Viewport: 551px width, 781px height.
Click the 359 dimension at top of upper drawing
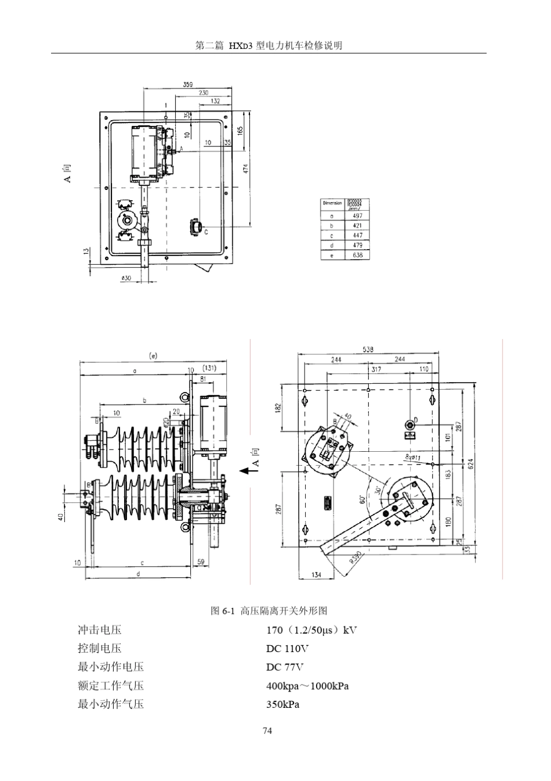coord(187,84)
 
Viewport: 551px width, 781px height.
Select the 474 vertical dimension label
coord(245,168)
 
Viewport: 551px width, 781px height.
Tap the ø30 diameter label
coord(126,278)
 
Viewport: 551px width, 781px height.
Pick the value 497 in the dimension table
coord(357,215)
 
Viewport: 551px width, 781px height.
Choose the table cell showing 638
coord(357,255)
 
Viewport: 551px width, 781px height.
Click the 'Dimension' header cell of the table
coord(332,203)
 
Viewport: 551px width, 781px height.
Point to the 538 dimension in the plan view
coord(368,350)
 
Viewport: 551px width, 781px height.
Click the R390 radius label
coord(355,557)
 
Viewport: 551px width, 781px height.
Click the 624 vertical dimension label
coord(470,464)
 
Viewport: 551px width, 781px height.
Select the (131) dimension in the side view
coord(209,368)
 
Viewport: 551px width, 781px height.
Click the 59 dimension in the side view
coord(201,562)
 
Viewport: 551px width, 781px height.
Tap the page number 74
coord(267,730)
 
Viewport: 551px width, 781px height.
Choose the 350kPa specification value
coord(282,704)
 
